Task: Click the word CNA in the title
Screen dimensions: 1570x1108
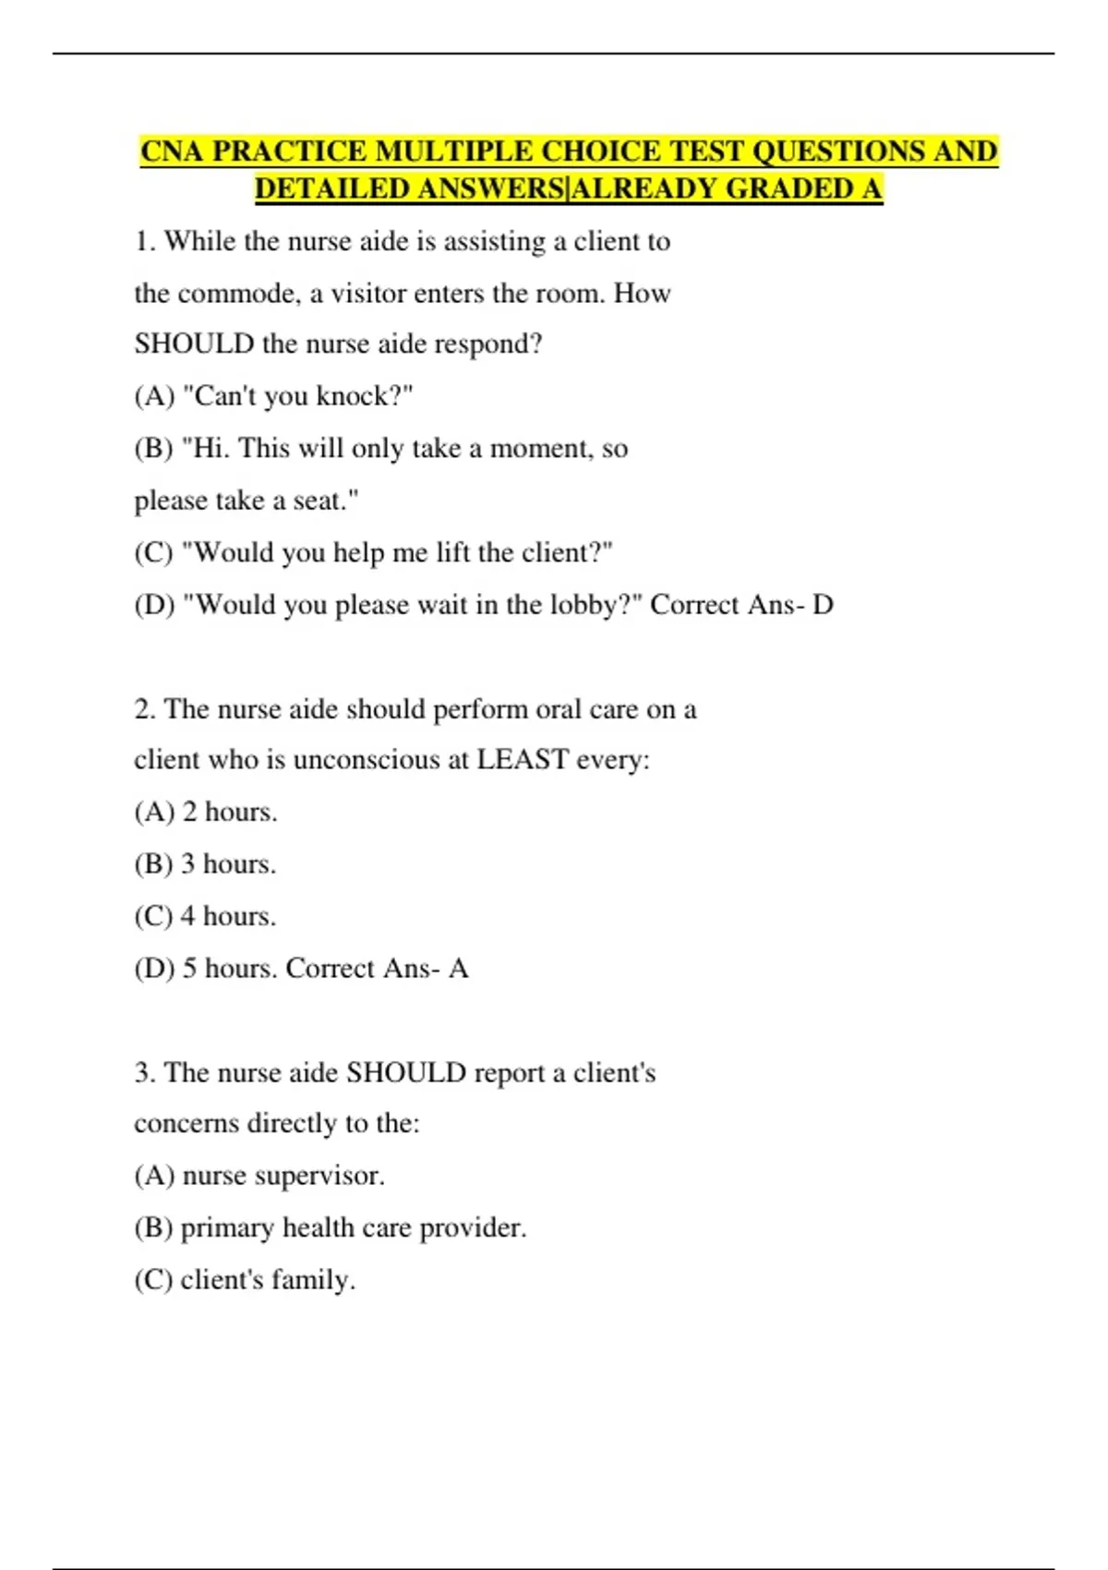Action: point(173,151)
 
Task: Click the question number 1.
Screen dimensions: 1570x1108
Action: point(143,242)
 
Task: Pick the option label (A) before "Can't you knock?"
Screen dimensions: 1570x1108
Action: point(154,396)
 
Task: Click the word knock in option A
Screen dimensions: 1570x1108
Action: point(352,396)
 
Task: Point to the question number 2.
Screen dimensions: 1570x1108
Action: point(143,709)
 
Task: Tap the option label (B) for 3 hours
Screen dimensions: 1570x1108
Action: point(153,864)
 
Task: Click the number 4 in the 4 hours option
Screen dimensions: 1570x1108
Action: point(187,916)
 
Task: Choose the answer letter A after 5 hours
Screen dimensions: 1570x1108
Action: point(458,969)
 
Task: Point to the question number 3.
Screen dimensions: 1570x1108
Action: point(143,1073)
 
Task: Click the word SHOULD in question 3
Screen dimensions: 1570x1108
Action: point(406,1073)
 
